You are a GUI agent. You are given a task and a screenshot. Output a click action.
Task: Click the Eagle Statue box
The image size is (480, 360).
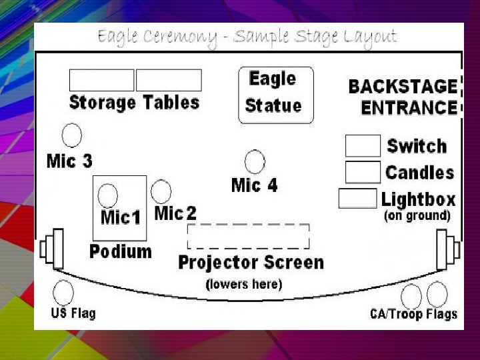[275, 95]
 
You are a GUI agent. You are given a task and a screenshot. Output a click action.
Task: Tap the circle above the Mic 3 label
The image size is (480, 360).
[71, 135]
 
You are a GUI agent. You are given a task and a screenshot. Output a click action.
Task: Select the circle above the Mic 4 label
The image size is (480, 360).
[255, 162]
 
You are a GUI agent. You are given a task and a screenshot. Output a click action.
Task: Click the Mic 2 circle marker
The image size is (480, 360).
[161, 191]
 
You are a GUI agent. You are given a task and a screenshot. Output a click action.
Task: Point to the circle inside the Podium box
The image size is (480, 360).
[108, 196]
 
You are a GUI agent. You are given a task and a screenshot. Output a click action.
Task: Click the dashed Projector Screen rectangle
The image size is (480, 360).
[248, 237]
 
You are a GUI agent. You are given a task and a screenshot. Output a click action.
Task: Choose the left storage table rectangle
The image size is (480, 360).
[101, 80]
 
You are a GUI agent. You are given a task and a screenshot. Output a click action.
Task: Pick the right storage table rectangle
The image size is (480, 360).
[169, 80]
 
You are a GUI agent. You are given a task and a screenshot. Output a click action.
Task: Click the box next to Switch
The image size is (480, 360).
[363, 146]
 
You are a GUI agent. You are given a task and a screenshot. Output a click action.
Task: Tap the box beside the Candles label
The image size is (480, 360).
[363, 172]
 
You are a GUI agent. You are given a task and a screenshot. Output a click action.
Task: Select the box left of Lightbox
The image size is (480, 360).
[357, 199]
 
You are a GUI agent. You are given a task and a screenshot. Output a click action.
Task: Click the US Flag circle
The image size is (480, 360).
[63, 293]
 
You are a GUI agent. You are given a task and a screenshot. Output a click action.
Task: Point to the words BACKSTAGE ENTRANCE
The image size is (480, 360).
[403, 97]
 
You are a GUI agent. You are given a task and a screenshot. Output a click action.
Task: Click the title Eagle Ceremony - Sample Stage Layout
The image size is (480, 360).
[247, 37]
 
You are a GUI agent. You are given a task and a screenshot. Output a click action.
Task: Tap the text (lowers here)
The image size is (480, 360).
[244, 285]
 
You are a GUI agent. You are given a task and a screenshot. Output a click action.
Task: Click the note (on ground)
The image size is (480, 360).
[417, 216]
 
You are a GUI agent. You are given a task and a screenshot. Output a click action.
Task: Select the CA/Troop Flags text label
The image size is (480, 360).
[413, 315]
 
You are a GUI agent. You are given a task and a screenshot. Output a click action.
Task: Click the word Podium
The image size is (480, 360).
[121, 251]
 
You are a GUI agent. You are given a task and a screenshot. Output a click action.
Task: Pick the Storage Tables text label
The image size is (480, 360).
[134, 103]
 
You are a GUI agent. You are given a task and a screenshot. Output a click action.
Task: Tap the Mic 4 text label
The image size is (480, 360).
[254, 185]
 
